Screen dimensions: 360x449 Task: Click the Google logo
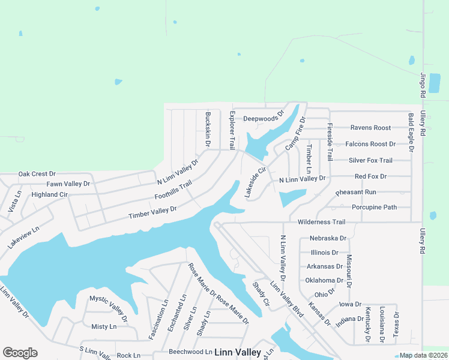[x=20, y=353]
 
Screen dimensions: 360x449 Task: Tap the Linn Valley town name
[x=239, y=352]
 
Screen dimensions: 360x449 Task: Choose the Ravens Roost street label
[x=370, y=128]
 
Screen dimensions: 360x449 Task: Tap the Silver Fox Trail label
[x=370, y=161]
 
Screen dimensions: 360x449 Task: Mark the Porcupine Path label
[x=374, y=208]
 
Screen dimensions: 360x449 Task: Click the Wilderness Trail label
[x=322, y=222]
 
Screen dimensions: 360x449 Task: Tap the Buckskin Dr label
[x=208, y=130]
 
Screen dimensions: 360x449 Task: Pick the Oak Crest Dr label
[x=37, y=174]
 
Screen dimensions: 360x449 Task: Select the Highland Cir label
[x=50, y=195]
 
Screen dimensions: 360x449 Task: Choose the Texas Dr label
[x=396, y=324]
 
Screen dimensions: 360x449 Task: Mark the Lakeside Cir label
[x=255, y=182]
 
